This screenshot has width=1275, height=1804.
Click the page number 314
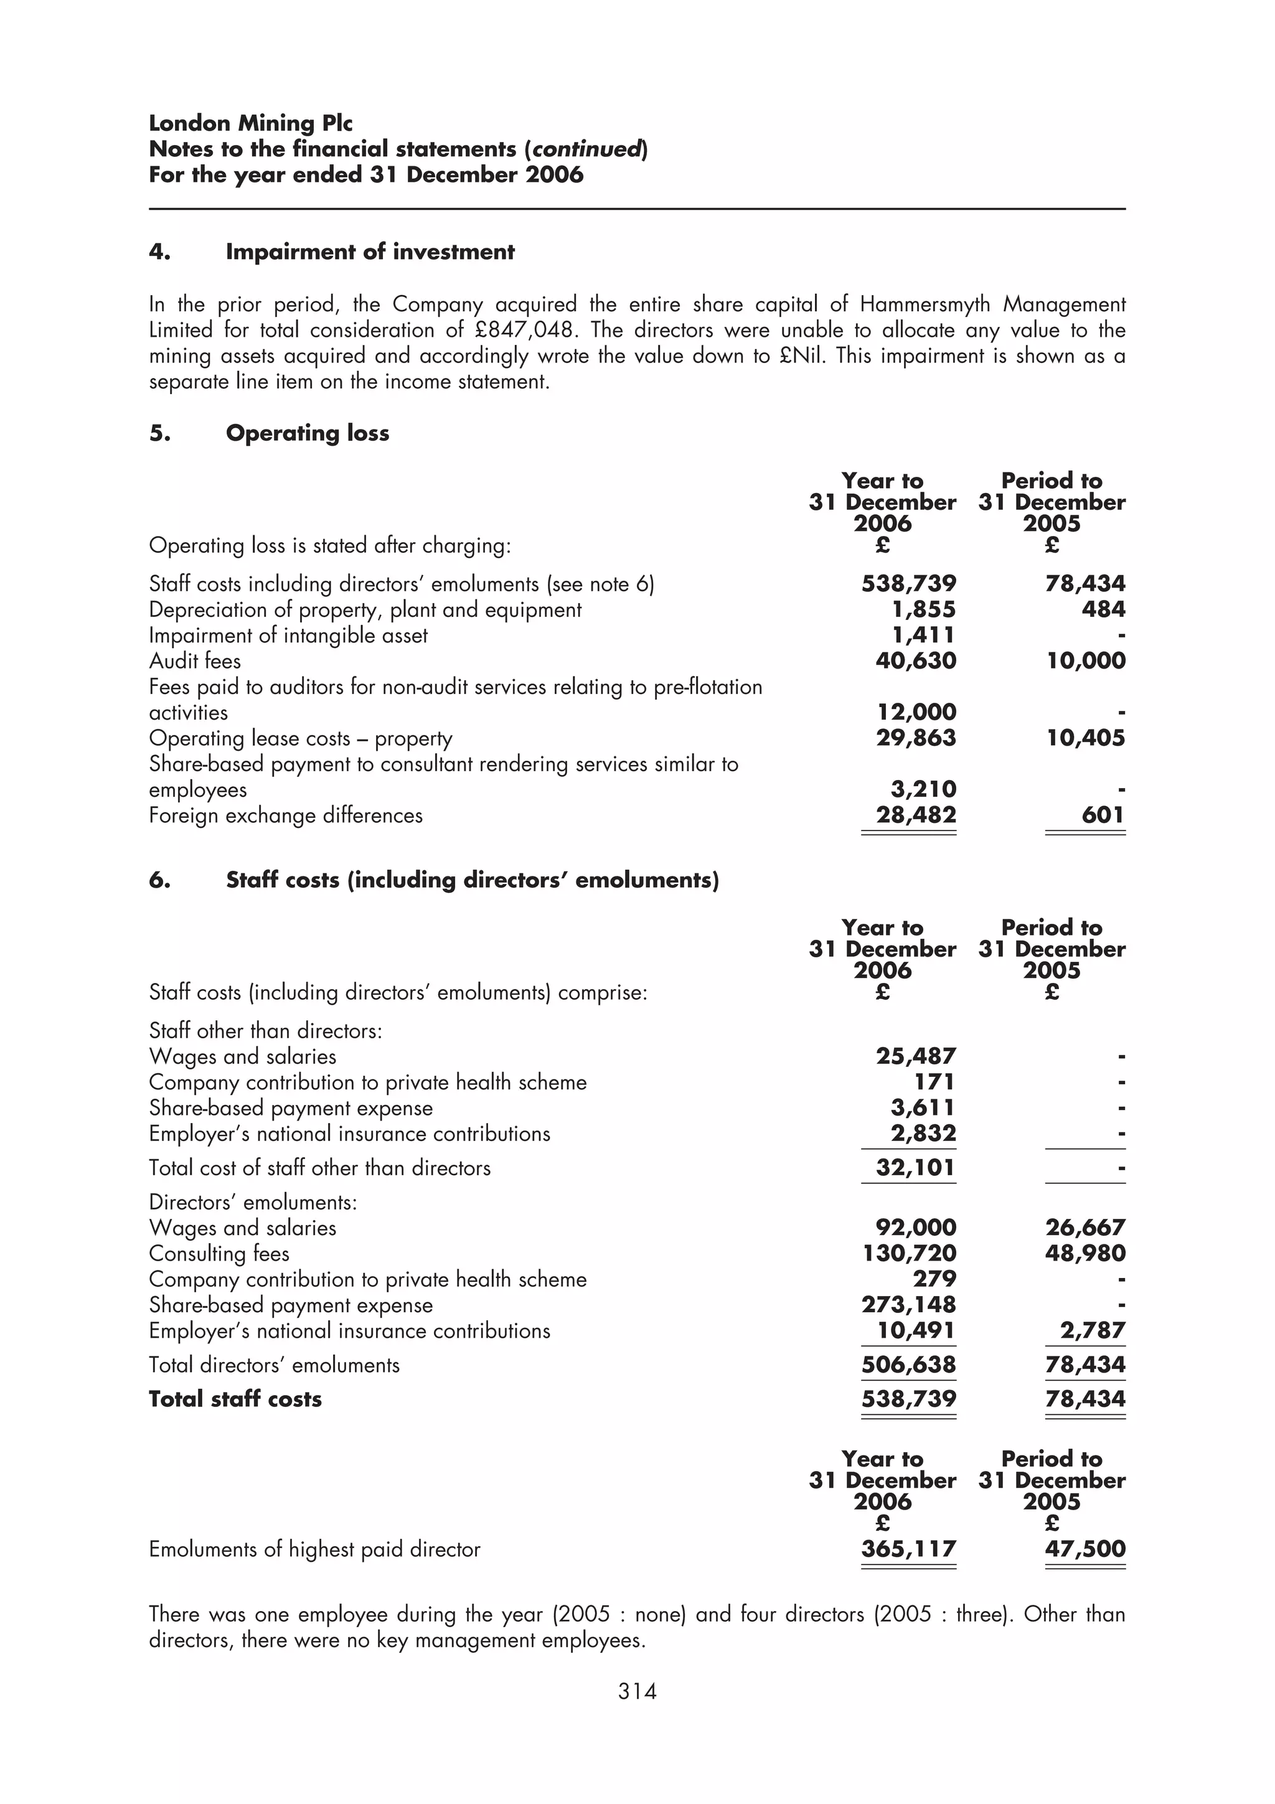point(636,1691)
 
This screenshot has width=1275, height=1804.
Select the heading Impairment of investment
point(370,251)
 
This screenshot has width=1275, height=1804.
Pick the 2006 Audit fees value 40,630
point(916,661)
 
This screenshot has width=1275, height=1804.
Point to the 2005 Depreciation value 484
point(1103,609)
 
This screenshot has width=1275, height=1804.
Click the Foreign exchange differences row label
point(286,815)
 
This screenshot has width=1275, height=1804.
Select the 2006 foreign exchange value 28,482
point(916,815)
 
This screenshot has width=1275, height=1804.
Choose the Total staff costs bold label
point(236,1399)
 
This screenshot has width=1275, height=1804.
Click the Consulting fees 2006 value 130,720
point(909,1253)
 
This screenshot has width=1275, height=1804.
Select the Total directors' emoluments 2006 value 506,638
point(909,1365)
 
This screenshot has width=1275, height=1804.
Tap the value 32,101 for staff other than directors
point(916,1168)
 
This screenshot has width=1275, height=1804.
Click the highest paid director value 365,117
point(909,1549)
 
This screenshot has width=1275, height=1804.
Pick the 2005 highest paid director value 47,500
point(1085,1549)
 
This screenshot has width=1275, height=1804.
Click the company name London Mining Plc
point(251,123)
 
